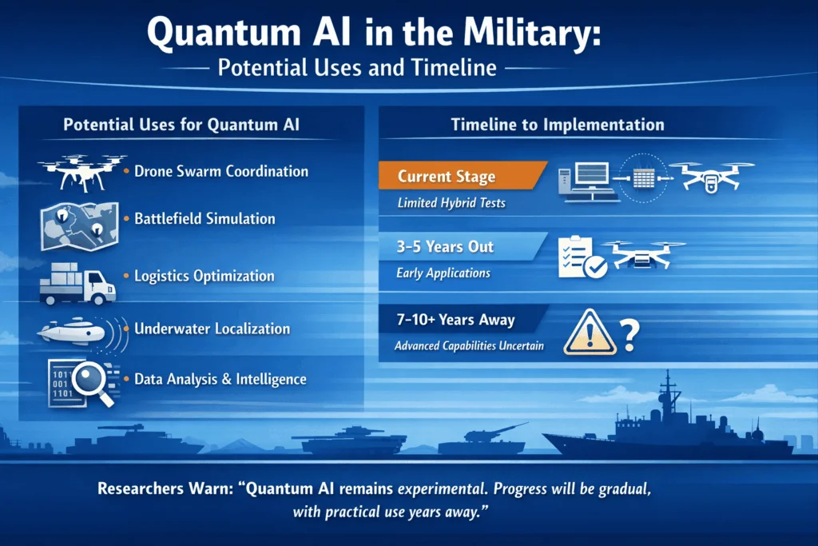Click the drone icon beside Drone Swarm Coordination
[82, 172]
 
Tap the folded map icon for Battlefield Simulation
[80, 226]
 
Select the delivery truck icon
[77, 284]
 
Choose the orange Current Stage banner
[463, 175]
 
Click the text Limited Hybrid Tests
[451, 202]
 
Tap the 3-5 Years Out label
[445, 246]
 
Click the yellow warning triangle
[590, 333]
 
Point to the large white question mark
[629, 335]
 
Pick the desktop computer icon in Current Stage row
[587, 181]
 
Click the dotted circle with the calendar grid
[643, 178]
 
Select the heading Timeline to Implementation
[558, 124]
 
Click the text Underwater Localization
[212, 329]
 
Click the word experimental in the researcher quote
[443, 488]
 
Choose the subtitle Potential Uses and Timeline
[357, 67]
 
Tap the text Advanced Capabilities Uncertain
[469, 345]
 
